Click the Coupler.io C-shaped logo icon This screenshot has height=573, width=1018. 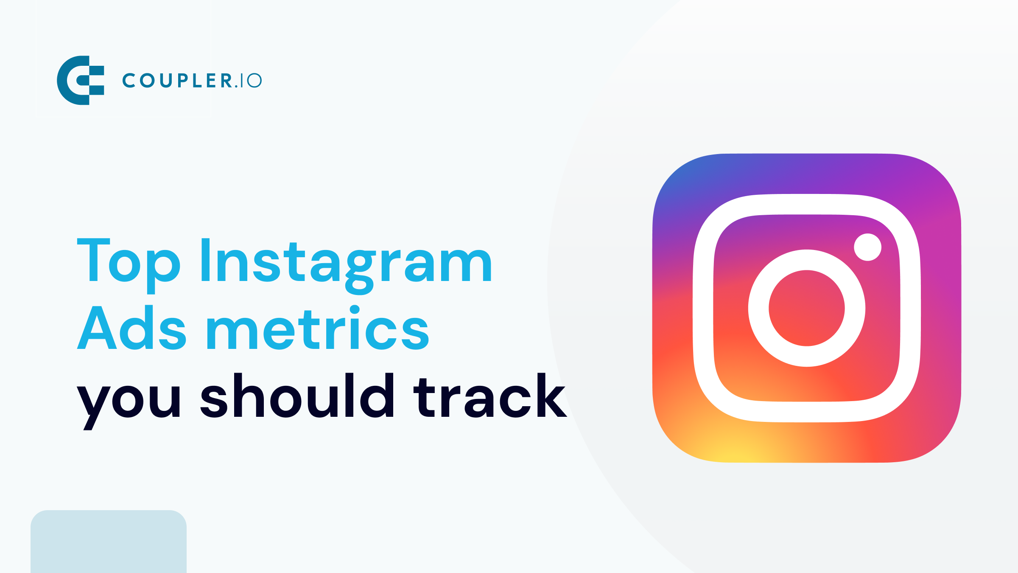(x=81, y=80)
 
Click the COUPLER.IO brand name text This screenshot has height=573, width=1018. (x=192, y=81)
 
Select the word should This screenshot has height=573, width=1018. (x=297, y=396)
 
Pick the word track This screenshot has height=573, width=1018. (x=489, y=396)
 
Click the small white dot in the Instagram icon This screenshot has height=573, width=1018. (x=867, y=247)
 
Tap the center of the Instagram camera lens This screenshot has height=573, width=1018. (x=806, y=308)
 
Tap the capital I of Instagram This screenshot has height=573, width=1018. (x=206, y=260)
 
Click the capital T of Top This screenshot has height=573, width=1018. (x=94, y=260)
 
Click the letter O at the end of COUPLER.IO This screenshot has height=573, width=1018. (x=254, y=81)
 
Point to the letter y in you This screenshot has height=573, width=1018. (x=93, y=405)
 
